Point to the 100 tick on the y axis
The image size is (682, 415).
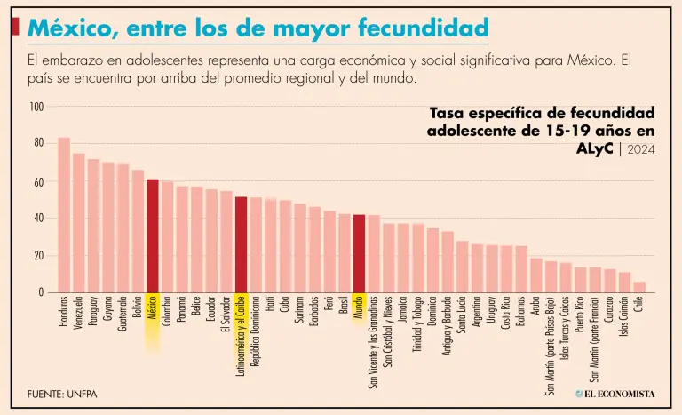click(x=36, y=107)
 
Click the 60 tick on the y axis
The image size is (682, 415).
click(x=38, y=181)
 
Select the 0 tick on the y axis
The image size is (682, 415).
click(x=41, y=292)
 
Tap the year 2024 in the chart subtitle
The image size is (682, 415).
click(x=641, y=149)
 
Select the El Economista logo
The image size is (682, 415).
click(x=615, y=393)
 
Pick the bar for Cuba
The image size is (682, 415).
click(x=285, y=246)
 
